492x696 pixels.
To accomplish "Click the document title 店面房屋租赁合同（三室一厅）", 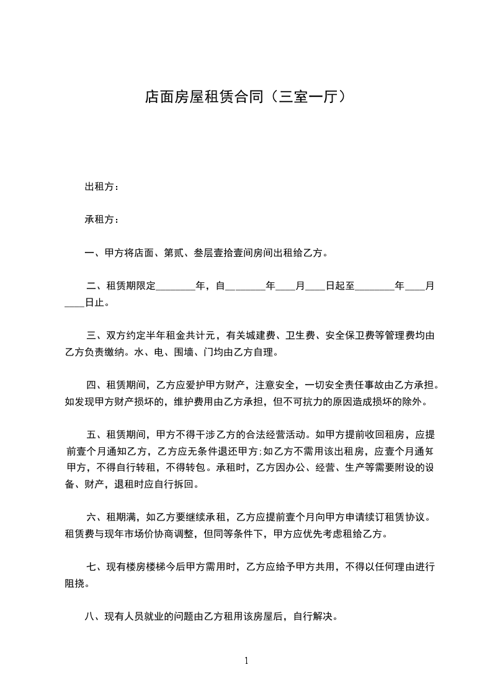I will click(245, 97).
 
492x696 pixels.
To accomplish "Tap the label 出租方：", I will click(102, 187).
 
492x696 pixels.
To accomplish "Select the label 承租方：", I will click(102, 220).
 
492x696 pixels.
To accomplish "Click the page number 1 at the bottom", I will click(246, 661).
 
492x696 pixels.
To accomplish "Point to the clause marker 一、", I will click(94, 253).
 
